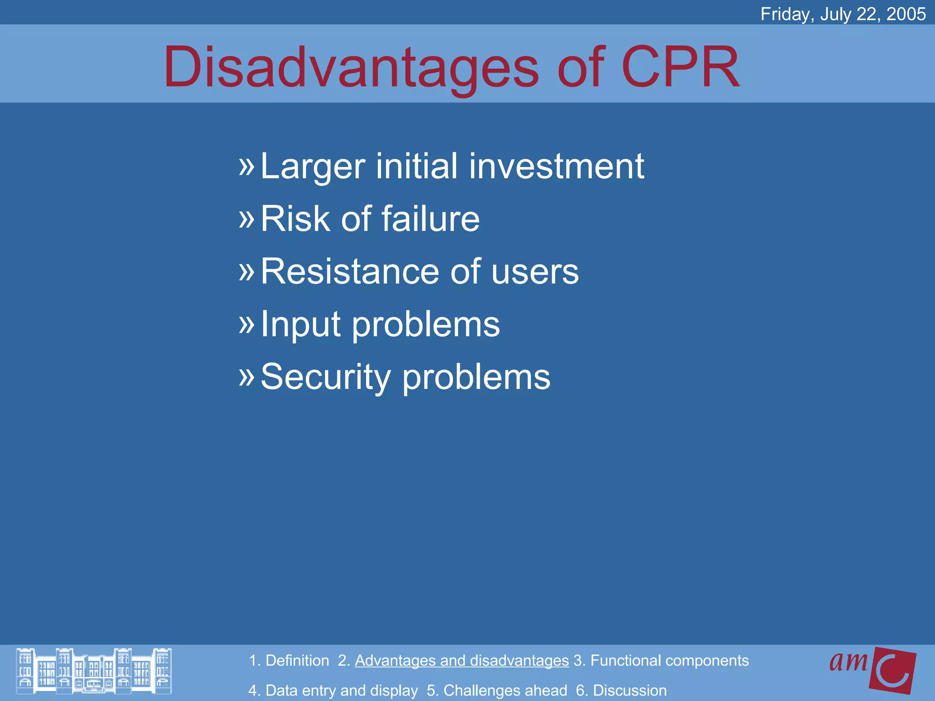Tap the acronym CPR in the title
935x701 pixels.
[x=680, y=68]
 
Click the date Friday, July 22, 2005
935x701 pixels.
[x=843, y=14]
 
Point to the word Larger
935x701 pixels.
[x=313, y=167]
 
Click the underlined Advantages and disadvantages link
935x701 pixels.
[x=462, y=660]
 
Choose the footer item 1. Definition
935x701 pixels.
[x=289, y=660]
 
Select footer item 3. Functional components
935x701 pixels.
[x=661, y=660]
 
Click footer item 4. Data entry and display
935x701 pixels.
[x=333, y=691]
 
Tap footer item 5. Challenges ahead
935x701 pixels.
[x=497, y=691]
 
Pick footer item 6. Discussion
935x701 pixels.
[x=621, y=691]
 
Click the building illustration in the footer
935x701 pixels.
[x=94, y=670]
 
